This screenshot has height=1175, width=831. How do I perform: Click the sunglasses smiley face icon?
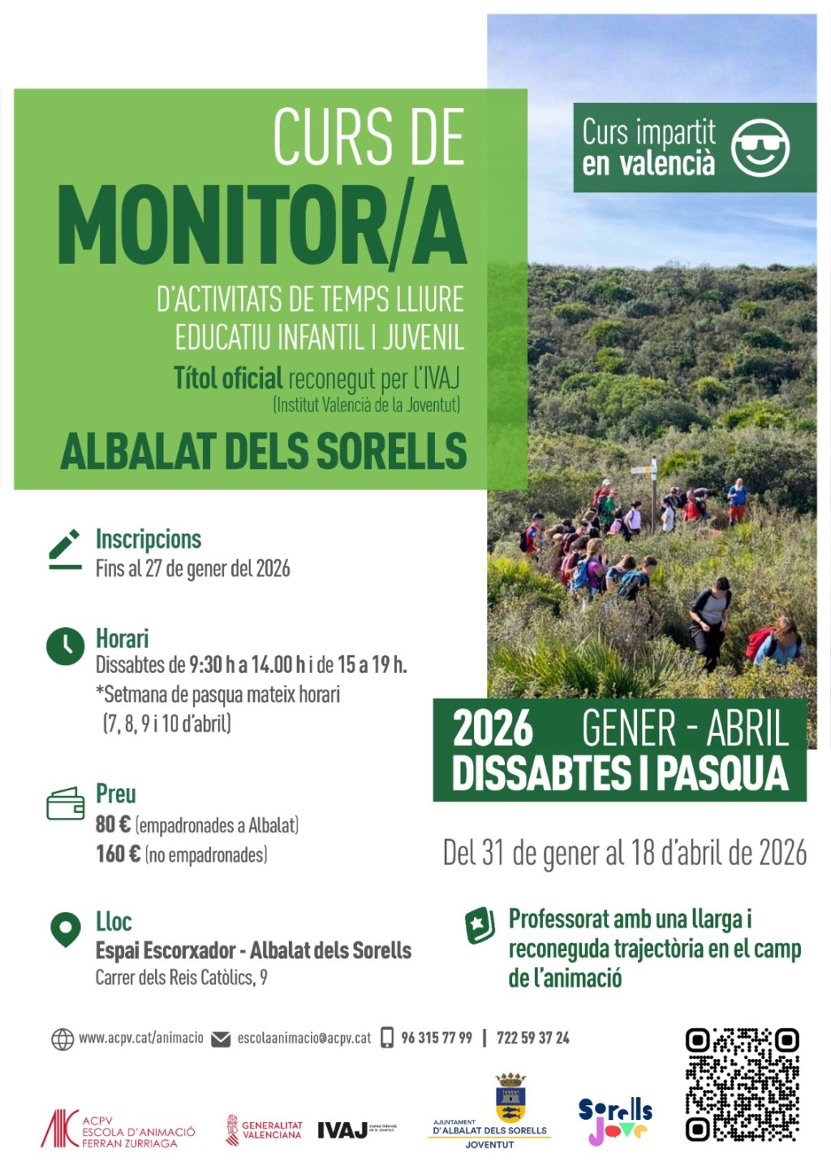(x=760, y=148)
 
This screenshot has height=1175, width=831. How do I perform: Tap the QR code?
(x=742, y=1084)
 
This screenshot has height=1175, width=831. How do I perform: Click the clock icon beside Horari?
(x=65, y=646)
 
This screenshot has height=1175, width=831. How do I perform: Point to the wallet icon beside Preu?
(x=65, y=803)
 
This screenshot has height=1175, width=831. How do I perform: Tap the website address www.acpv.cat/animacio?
(x=140, y=1038)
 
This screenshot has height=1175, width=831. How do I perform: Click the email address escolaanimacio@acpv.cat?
(x=304, y=1038)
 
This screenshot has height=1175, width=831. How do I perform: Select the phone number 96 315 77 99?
(x=436, y=1038)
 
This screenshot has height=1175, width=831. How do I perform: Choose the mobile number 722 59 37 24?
(x=532, y=1038)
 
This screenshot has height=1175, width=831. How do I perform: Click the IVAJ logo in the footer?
(x=342, y=1130)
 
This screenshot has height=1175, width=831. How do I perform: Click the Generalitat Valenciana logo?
(x=264, y=1130)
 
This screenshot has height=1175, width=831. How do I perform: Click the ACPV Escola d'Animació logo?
(x=118, y=1129)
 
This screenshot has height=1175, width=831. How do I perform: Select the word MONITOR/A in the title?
(x=261, y=227)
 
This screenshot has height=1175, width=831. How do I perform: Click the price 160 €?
(x=118, y=854)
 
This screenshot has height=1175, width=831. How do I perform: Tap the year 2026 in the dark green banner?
(x=493, y=728)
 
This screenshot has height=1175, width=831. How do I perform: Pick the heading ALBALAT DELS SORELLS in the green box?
(x=264, y=452)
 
